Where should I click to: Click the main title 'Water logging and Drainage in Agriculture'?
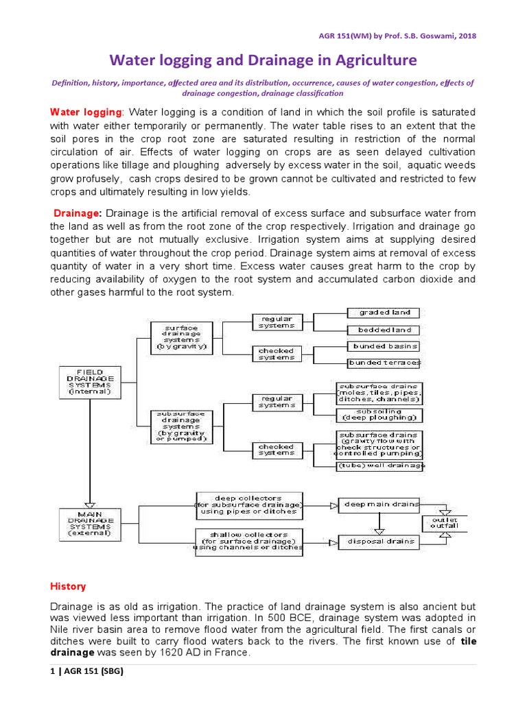tap(263, 60)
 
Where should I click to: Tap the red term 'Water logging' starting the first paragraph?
tap(86, 112)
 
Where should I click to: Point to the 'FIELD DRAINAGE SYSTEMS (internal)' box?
tap(91, 383)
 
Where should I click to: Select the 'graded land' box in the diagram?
tap(385, 313)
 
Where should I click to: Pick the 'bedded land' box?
tap(385, 330)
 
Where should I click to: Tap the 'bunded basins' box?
tap(385, 346)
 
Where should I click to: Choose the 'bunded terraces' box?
tap(385, 363)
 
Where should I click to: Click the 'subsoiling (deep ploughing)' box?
tap(378, 415)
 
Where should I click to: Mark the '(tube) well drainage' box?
tap(379, 466)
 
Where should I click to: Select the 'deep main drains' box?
tap(378, 505)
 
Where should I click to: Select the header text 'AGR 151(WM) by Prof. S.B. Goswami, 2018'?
tap(410, 36)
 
